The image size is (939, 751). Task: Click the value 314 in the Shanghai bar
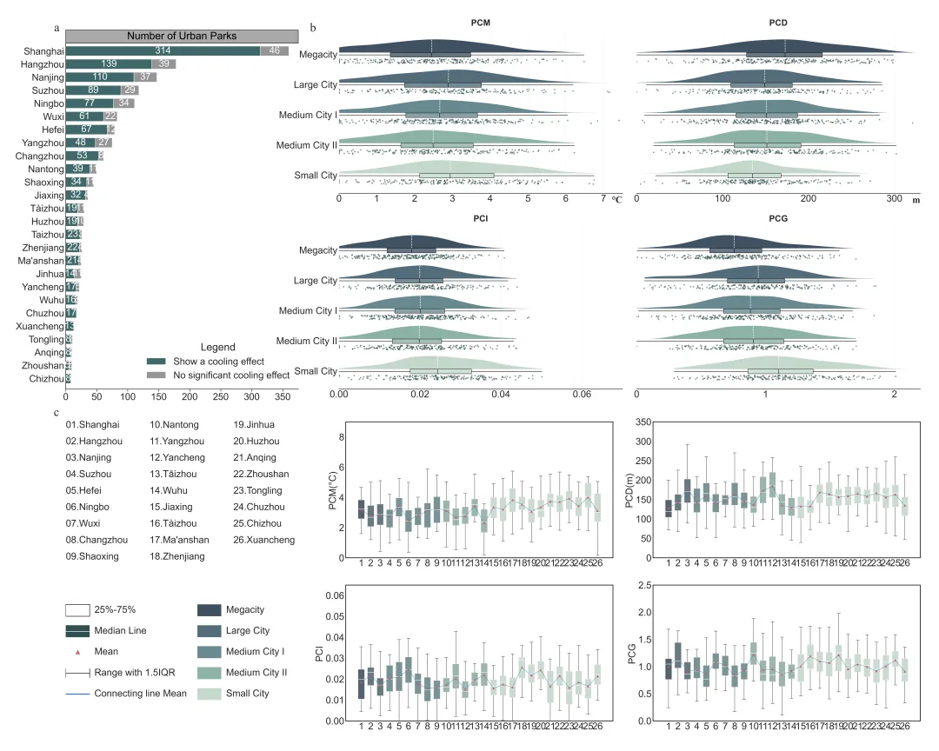(x=163, y=51)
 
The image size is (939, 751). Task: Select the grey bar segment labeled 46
(x=275, y=51)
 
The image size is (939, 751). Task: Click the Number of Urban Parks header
(x=182, y=36)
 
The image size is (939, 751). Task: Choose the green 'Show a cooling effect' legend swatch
(x=156, y=362)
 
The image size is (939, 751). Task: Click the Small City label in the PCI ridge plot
(x=316, y=372)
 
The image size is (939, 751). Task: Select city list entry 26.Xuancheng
(x=264, y=540)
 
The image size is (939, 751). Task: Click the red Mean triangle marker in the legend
(x=77, y=650)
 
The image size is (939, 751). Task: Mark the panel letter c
(x=57, y=414)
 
